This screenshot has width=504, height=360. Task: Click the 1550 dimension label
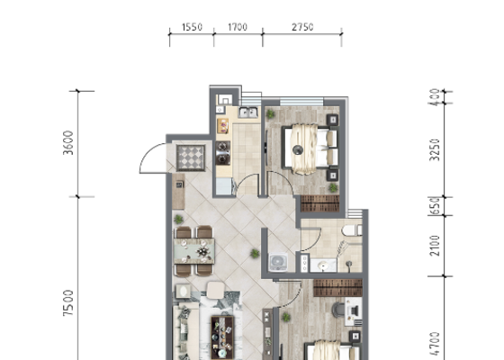coord(192,27)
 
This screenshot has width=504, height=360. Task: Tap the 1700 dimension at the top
coord(238,27)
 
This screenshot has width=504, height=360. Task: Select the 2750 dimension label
coord(302,27)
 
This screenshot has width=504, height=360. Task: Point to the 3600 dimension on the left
coord(68,143)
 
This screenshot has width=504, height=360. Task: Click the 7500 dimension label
coord(68,303)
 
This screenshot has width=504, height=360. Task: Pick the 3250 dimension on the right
coord(435,149)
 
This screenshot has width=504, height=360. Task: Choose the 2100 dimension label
coord(435,246)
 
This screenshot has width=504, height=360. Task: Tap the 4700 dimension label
coord(435,344)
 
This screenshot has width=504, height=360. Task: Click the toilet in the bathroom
coord(352,230)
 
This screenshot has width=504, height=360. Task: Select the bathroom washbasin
coord(323,265)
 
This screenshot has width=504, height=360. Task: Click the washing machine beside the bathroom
coord(278,262)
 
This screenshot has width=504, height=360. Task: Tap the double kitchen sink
coord(248,112)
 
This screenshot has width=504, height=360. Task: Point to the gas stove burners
coord(223,153)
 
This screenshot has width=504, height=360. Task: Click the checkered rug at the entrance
coord(191,157)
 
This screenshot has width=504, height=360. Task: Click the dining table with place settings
coord(194,251)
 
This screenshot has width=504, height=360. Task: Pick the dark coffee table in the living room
coord(222,337)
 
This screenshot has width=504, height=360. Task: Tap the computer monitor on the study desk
coord(355,310)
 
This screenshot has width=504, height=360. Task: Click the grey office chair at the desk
coord(338,310)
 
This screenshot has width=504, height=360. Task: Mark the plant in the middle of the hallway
coord(255,254)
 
